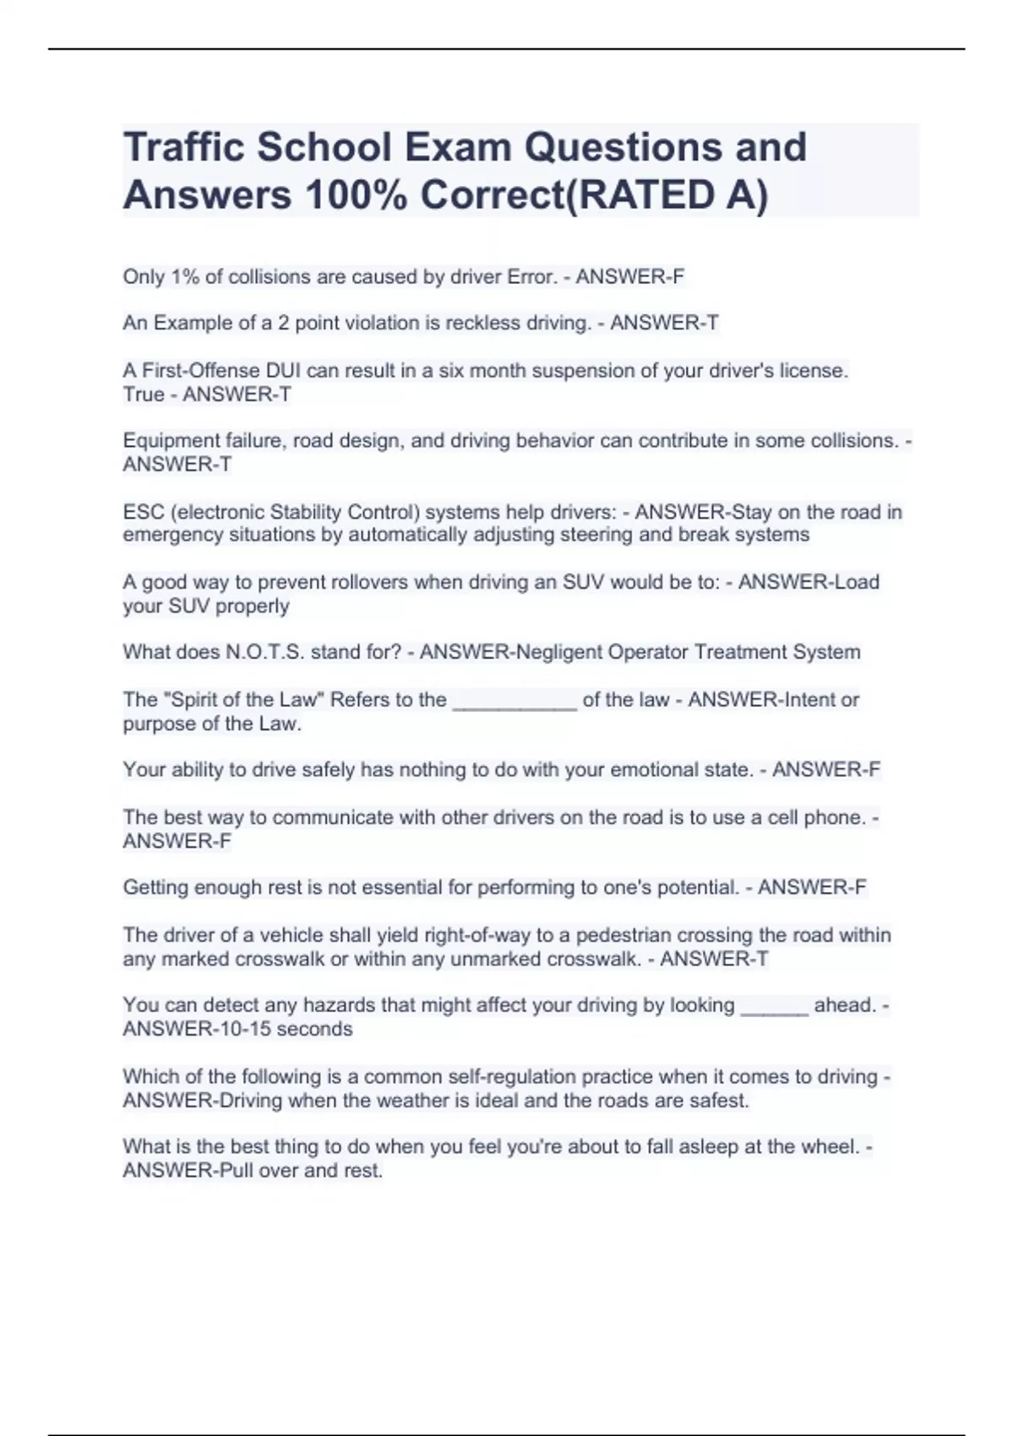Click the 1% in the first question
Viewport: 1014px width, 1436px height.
click(185, 276)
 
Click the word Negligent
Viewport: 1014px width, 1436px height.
click(557, 652)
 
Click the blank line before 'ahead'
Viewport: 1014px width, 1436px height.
click(774, 1007)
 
